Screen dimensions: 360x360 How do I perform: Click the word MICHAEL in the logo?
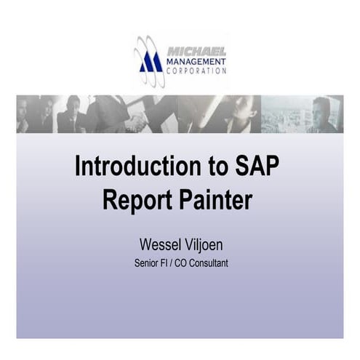point(196,52)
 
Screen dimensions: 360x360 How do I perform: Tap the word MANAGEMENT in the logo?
point(196,62)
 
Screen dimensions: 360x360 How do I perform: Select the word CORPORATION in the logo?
point(196,71)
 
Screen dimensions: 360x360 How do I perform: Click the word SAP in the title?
point(256,166)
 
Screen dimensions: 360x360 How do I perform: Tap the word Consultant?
point(207,263)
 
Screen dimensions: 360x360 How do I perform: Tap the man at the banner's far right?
point(321,115)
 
